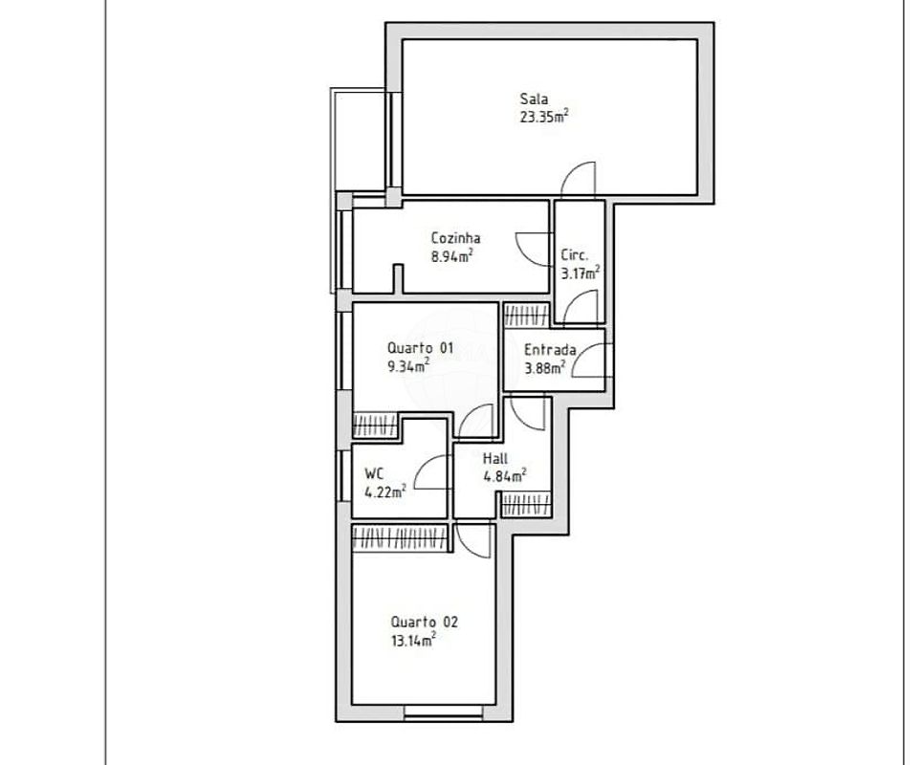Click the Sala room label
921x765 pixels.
pyautogui.click(x=534, y=99)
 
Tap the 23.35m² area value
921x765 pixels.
pyautogui.click(x=544, y=116)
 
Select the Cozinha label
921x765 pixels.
pyautogui.click(x=456, y=238)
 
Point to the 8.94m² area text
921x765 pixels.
pyautogui.click(x=452, y=255)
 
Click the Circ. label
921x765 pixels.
pyautogui.click(x=575, y=255)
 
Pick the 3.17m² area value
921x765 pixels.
pyautogui.click(x=581, y=273)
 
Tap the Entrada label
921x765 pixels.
pyautogui.click(x=550, y=350)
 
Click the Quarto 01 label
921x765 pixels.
pyautogui.click(x=420, y=347)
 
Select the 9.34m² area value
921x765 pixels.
pyautogui.click(x=408, y=366)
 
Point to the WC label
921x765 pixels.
pyautogui.click(x=374, y=473)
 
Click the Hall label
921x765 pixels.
pyautogui.click(x=495, y=458)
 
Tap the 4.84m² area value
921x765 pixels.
pyautogui.click(x=505, y=475)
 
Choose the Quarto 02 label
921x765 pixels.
pyautogui.click(x=424, y=622)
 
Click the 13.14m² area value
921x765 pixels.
pyautogui.click(x=413, y=640)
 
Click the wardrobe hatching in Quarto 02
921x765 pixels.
pyautogui.click(x=400, y=537)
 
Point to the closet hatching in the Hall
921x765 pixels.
pyautogui.click(x=526, y=505)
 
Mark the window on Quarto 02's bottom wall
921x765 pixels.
pyautogui.click(x=444, y=712)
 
